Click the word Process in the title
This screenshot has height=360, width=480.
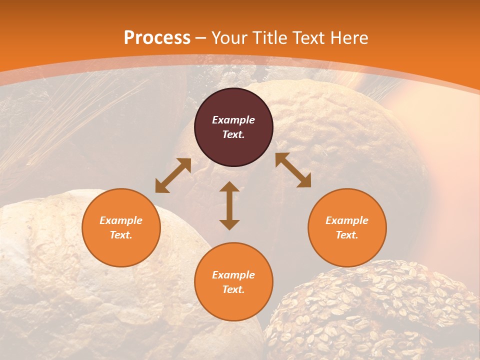(157, 38)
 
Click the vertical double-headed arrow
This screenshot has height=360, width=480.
(229, 206)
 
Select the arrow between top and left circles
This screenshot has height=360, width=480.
(173, 175)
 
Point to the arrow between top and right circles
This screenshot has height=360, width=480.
(293, 170)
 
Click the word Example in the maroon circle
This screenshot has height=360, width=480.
(233, 120)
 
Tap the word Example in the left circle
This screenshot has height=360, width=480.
(121, 220)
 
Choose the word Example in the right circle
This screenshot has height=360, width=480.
(346, 220)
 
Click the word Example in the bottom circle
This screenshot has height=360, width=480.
(233, 275)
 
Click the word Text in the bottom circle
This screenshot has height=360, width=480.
(233, 289)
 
